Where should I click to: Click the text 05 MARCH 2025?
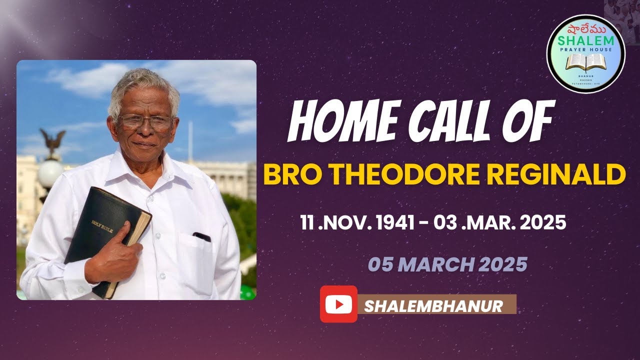[x=447, y=264]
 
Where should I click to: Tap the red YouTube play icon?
[x=338, y=304]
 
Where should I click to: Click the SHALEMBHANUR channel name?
[x=433, y=305]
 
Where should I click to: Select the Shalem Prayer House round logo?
[x=585, y=53]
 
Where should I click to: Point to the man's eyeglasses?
[x=146, y=121]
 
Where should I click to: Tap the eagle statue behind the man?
[x=52, y=143]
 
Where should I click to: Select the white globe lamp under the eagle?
[x=50, y=173]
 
